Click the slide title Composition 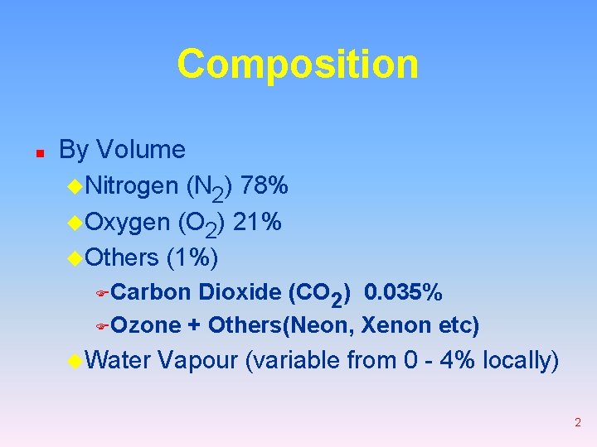tap(298, 65)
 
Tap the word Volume tap(141, 150)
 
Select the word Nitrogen tap(132, 187)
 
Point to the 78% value tap(265, 186)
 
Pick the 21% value tap(257, 223)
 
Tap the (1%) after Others tap(192, 258)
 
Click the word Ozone tap(146, 325)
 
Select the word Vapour tap(201, 361)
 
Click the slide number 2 tap(577, 423)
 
